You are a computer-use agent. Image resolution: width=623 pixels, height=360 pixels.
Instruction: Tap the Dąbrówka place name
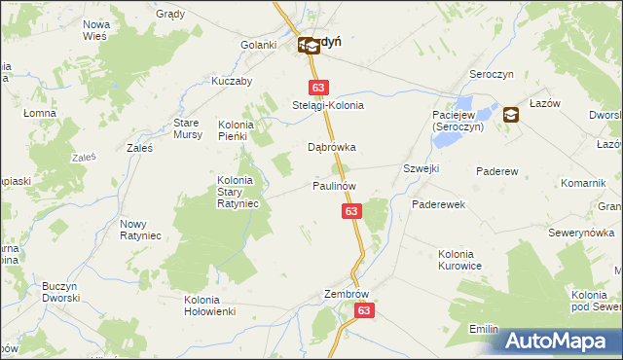pyautogui.click(x=332, y=148)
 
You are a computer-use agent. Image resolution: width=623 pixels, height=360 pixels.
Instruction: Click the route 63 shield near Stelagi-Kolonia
pyautogui.click(x=316, y=87)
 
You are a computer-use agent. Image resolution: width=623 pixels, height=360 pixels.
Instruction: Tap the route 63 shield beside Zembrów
pyautogui.click(x=364, y=310)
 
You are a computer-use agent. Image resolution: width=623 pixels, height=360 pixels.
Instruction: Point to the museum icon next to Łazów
pyautogui.click(x=510, y=115)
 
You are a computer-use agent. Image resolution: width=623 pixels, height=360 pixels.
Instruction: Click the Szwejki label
pyautogui.click(x=421, y=169)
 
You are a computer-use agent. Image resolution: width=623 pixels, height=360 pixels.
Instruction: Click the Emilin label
pyautogui.click(x=484, y=329)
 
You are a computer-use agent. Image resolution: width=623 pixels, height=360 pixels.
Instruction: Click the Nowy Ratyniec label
pyautogui.click(x=139, y=230)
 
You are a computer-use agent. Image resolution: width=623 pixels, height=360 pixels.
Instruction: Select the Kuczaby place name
pyautogui.click(x=232, y=82)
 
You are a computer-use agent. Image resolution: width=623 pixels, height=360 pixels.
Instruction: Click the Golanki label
pyautogui.click(x=260, y=45)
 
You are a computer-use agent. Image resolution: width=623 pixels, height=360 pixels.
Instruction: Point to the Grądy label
pyautogui.click(x=171, y=15)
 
